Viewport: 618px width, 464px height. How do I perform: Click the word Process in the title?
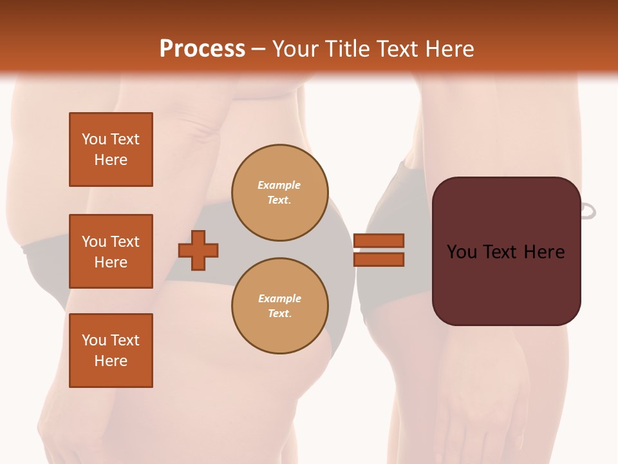tap(202, 49)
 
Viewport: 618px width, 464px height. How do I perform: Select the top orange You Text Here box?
tap(111, 150)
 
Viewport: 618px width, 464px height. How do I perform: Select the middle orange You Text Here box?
tap(111, 251)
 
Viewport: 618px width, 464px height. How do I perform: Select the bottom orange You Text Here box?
tap(111, 351)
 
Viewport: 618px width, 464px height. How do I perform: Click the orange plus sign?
tap(198, 250)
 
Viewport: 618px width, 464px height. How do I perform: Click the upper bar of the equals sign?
tap(379, 240)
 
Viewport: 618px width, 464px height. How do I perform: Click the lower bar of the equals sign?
tap(379, 259)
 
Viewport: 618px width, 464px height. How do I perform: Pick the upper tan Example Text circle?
tap(279, 192)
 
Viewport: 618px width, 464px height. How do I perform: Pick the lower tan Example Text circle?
tap(279, 305)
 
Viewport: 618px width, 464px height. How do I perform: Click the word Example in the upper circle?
tap(279, 185)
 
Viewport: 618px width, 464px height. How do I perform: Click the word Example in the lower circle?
tap(279, 298)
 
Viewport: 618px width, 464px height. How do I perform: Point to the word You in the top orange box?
tap(94, 139)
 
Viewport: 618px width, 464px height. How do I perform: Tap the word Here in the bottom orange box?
tap(111, 361)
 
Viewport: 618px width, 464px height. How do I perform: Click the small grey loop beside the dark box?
tap(588, 211)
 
